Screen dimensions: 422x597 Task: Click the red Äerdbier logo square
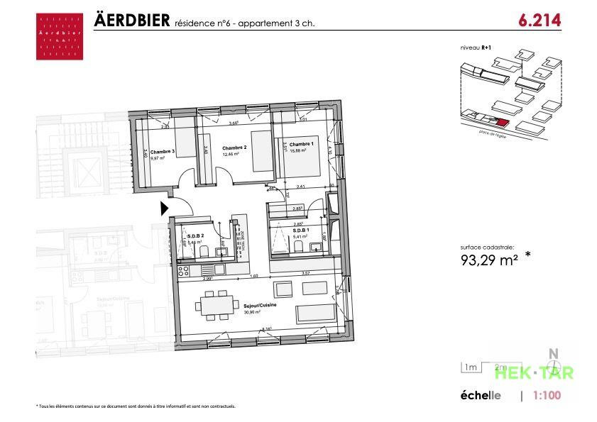click(x=59, y=36)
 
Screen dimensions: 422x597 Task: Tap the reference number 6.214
click(x=540, y=21)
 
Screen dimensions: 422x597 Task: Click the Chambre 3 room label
click(x=163, y=151)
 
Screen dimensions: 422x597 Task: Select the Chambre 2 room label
click(x=234, y=148)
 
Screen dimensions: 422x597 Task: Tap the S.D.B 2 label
click(x=196, y=235)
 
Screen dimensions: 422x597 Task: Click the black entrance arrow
click(x=164, y=209)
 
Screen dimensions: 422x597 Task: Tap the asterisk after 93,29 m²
click(x=527, y=255)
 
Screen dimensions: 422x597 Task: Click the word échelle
click(x=481, y=396)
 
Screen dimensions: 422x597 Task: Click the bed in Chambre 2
click(x=262, y=150)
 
